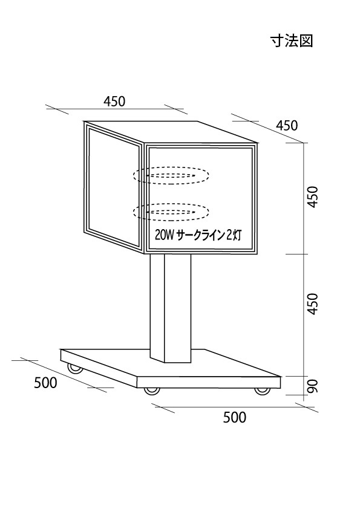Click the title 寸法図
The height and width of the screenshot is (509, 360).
(292, 41)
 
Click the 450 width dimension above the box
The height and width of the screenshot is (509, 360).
(114, 102)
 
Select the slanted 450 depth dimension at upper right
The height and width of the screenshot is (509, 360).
(287, 126)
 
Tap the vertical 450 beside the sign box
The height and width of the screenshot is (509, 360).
(312, 197)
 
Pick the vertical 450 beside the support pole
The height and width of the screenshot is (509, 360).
(312, 303)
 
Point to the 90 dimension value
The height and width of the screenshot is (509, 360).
(312, 386)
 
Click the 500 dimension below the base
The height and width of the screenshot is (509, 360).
(235, 417)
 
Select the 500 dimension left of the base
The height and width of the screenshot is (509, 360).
(45, 383)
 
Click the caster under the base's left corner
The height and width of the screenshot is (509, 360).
(75, 368)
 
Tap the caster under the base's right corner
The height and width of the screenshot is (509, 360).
(262, 392)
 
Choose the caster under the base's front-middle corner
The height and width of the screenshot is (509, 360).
(152, 392)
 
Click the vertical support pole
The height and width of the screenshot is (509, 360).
(171, 308)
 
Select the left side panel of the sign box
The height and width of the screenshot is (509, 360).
(113, 187)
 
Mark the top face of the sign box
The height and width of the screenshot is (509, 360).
(171, 132)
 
